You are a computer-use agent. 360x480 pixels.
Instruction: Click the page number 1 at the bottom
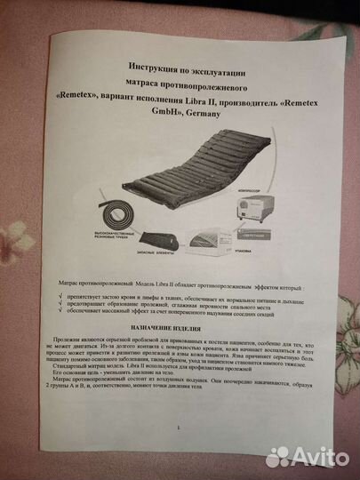pyautogui.click(x=178, y=452)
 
